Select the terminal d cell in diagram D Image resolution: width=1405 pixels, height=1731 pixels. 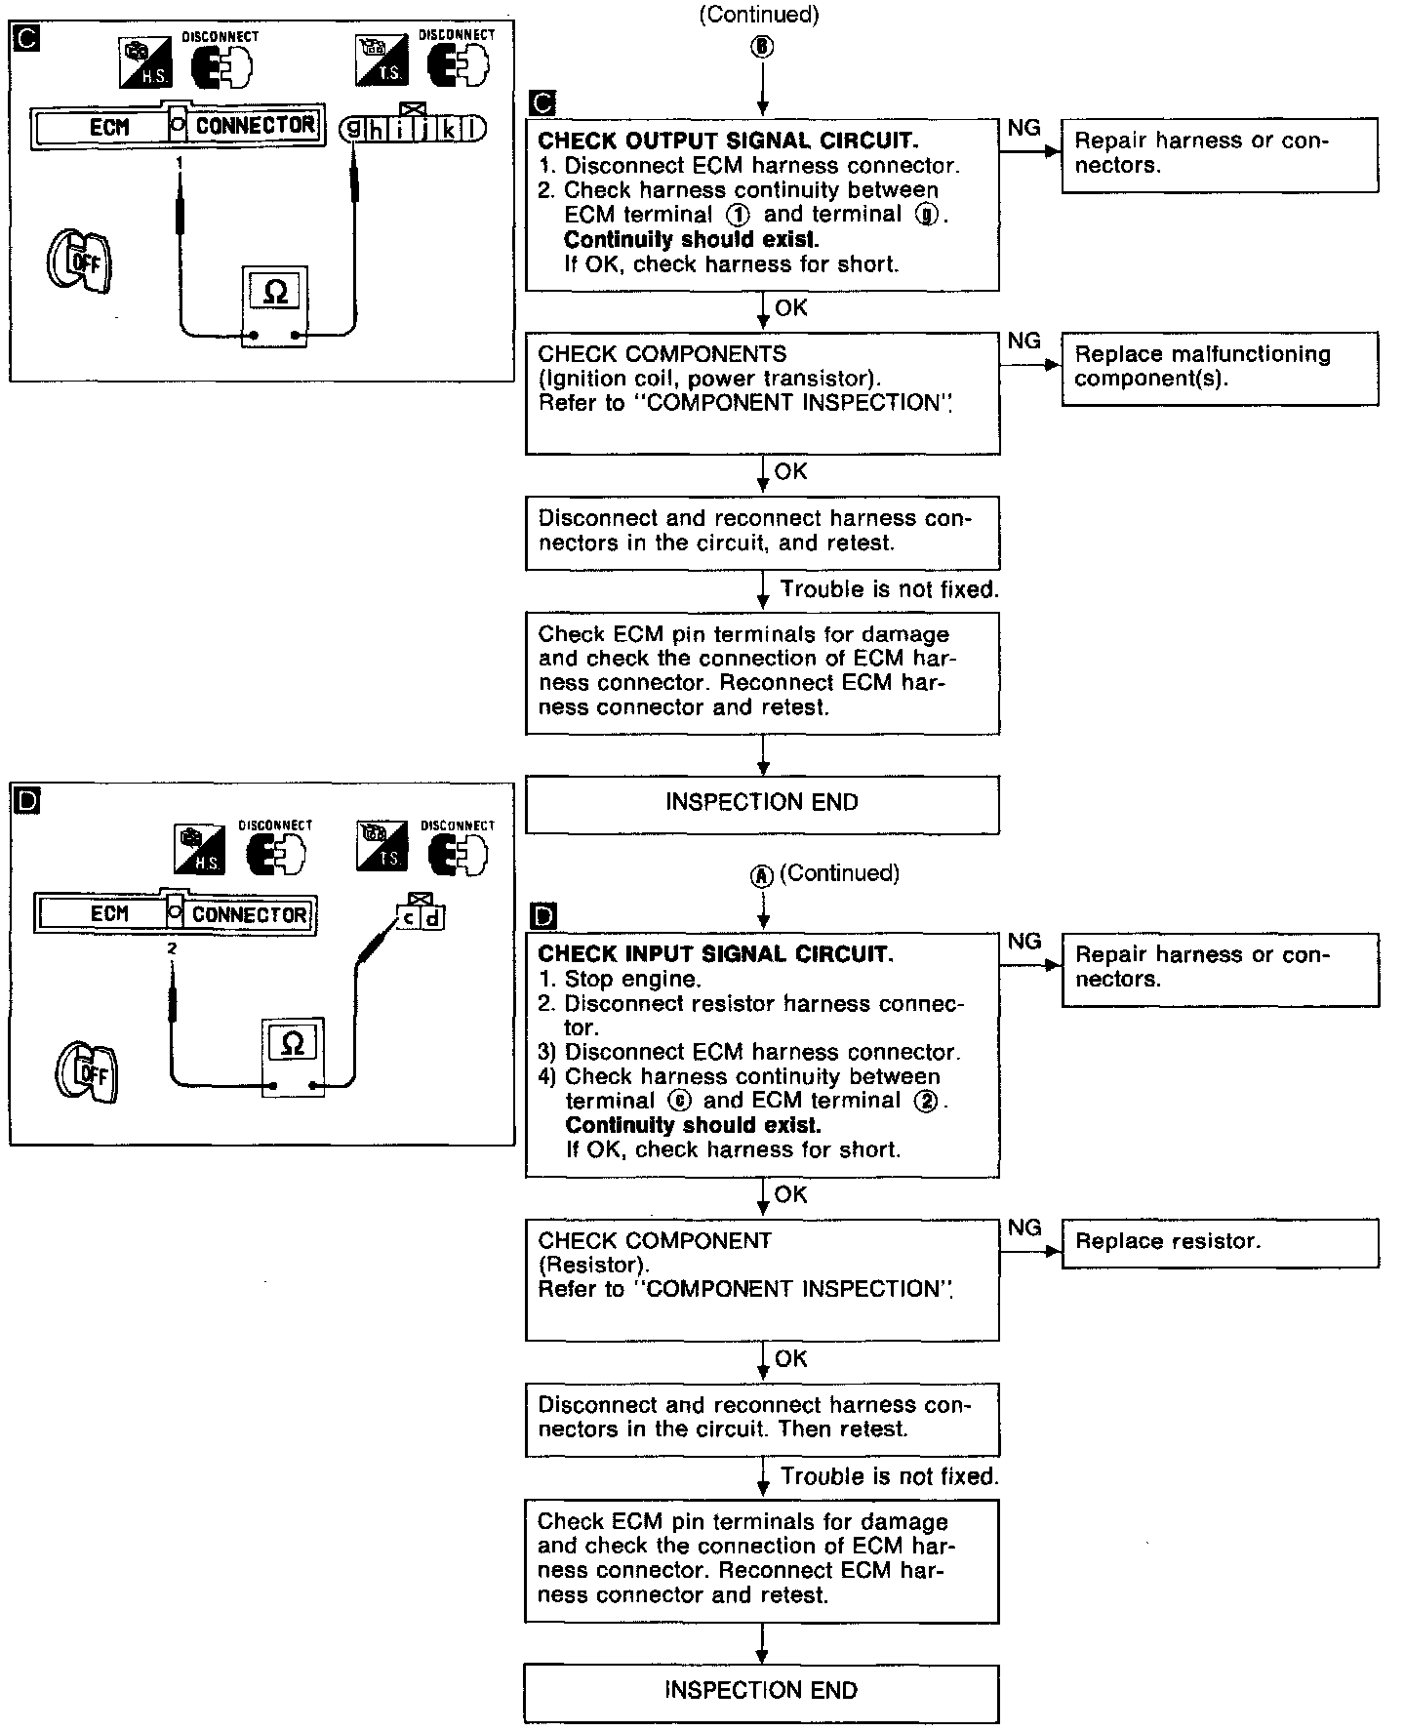click(x=432, y=917)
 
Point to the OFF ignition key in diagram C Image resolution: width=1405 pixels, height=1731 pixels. click(x=79, y=261)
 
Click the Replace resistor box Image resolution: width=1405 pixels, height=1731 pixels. click(x=1220, y=1242)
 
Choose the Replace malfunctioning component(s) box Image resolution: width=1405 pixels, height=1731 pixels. click(x=1220, y=368)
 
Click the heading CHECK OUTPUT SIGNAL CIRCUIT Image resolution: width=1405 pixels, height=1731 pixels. click(x=728, y=141)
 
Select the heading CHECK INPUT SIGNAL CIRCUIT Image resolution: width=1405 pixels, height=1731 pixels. click(x=715, y=954)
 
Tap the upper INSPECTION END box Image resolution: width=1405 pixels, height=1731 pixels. click(x=762, y=803)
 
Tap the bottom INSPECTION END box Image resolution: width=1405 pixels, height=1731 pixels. click(x=761, y=1691)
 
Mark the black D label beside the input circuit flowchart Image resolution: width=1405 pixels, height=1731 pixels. click(x=543, y=915)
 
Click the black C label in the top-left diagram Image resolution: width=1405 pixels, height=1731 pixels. click(x=23, y=40)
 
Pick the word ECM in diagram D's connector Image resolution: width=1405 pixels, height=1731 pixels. click(x=109, y=914)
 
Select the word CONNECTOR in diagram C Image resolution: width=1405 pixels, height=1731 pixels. click(x=256, y=126)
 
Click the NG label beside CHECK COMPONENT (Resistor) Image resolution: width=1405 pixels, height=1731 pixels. click(x=1024, y=1228)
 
